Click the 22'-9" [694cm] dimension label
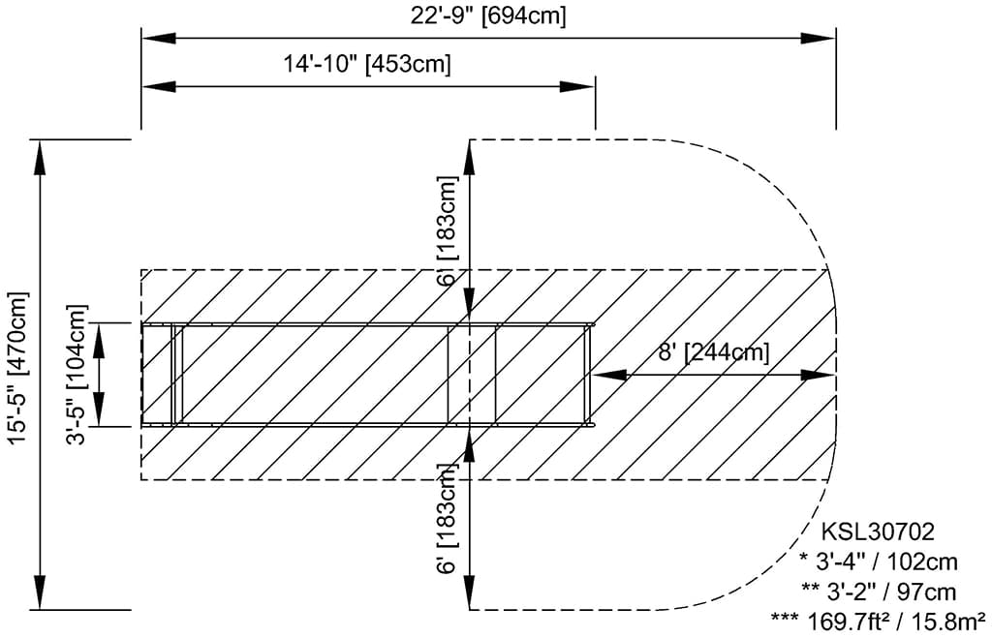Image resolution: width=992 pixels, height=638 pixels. pyautogui.click(x=488, y=15)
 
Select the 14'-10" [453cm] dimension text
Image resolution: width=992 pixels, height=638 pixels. pyautogui.click(x=367, y=64)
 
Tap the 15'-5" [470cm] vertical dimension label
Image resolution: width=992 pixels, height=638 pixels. pyautogui.click(x=18, y=368)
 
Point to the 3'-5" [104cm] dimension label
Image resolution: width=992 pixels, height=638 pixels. pyautogui.click(x=77, y=375)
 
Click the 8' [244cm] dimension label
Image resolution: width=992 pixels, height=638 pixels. pyautogui.click(x=714, y=352)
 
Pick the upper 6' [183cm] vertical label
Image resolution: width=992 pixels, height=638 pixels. pyautogui.click(x=447, y=230)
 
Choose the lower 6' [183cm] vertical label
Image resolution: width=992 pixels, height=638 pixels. pyautogui.click(x=447, y=519)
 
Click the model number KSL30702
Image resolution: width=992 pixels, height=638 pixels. pyautogui.click(x=878, y=532)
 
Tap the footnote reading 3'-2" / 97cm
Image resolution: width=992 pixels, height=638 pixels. pyautogui.click(x=879, y=592)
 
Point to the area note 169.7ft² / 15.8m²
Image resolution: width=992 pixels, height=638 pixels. pyautogui.click(x=878, y=622)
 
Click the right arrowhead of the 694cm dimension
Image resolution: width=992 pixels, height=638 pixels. pyautogui.click(x=819, y=38)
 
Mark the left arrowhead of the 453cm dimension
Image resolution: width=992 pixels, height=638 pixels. pyautogui.click(x=159, y=86)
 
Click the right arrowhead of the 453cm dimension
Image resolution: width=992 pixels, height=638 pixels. pyautogui.click(x=577, y=86)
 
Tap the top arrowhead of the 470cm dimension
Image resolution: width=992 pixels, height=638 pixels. pyautogui.click(x=40, y=157)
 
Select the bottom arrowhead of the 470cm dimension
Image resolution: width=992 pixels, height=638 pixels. pyautogui.click(x=40, y=592)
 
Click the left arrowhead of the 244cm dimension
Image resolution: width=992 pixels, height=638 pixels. pyautogui.click(x=610, y=375)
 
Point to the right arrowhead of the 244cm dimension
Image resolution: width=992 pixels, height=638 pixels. pyautogui.click(x=819, y=375)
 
